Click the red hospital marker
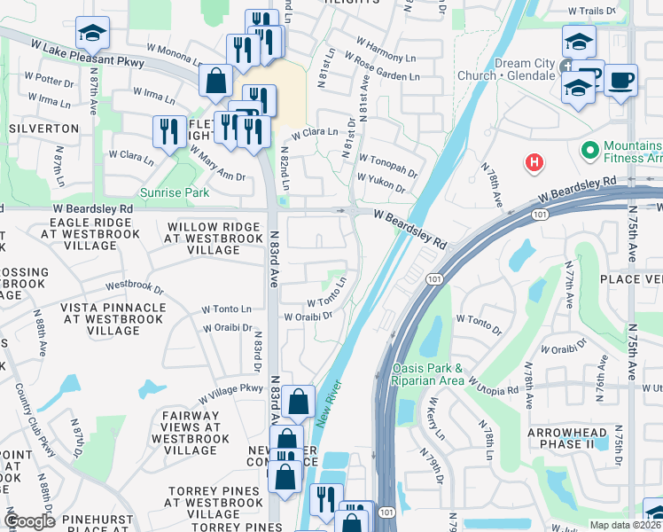534,162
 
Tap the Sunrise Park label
174,192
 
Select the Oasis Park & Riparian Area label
427,374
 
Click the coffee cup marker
620,82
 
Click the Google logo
29,520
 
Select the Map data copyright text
625,525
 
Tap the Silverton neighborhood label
44,129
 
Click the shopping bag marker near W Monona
215,82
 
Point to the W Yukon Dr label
381,183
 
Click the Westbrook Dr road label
135,286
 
